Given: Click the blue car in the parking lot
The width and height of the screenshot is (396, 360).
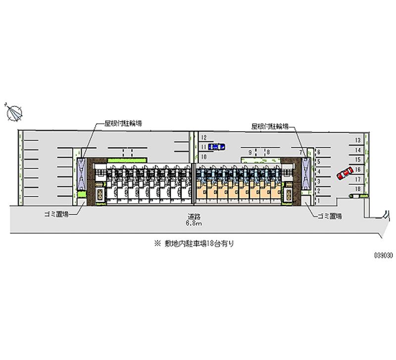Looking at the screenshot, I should [x=216, y=147].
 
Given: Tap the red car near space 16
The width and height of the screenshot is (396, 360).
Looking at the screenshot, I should [x=343, y=173].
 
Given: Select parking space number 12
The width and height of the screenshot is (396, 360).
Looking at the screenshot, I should [x=203, y=137].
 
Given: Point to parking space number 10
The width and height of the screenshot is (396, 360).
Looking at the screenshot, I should [x=203, y=156].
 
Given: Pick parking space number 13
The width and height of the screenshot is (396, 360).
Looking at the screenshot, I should [x=357, y=140].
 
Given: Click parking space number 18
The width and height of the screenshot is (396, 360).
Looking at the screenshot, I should [x=357, y=189].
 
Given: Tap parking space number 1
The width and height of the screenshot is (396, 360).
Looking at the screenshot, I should [x=319, y=200].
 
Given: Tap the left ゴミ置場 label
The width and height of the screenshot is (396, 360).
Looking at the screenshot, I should [x=55, y=214].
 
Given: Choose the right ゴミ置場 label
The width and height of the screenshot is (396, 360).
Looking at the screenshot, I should [x=331, y=216].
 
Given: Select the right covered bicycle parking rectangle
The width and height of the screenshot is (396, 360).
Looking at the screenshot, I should [x=306, y=172].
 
